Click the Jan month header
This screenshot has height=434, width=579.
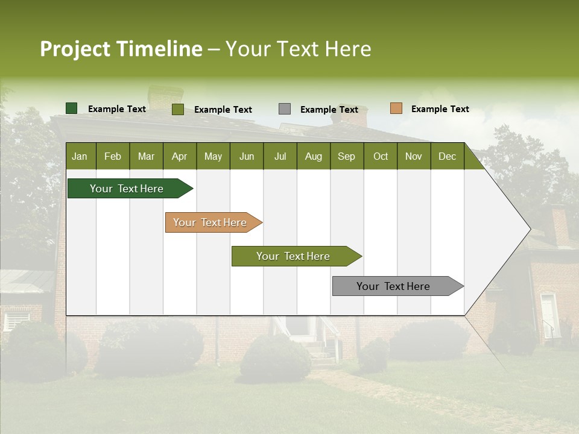(x=80, y=156)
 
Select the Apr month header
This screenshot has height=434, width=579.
(x=179, y=156)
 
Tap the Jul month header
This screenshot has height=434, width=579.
(x=280, y=156)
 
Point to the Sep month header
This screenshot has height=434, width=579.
(x=346, y=156)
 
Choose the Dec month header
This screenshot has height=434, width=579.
(x=447, y=156)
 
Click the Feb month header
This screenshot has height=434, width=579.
(x=113, y=156)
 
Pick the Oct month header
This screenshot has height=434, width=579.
(x=381, y=156)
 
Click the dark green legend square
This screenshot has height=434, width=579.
(x=71, y=108)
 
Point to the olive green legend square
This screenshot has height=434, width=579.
(x=178, y=109)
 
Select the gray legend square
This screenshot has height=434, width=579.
(x=285, y=109)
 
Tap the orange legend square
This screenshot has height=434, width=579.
(x=396, y=108)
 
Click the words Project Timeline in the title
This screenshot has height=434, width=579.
(x=121, y=49)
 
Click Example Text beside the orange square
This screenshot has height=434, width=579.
(x=440, y=109)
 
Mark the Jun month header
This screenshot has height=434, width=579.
(x=247, y=156)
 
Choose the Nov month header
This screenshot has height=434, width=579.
(x=414, y=156)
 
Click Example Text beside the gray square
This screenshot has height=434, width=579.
(x=329, y=110)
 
